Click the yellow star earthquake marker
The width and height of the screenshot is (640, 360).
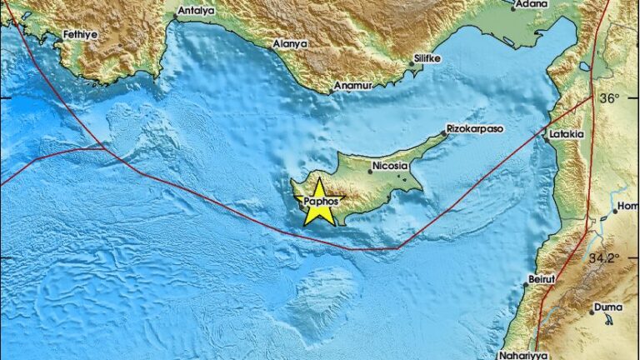click(x=320, y=204)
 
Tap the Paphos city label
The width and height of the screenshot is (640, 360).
click(x=322, y=201)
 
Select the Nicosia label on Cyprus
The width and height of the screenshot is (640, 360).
click(x=388, y=166)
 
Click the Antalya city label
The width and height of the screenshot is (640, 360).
click(x=197, y=11)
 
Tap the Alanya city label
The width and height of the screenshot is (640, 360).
click(x=290, y=43)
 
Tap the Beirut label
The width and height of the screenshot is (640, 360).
click(x=542, y=280)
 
